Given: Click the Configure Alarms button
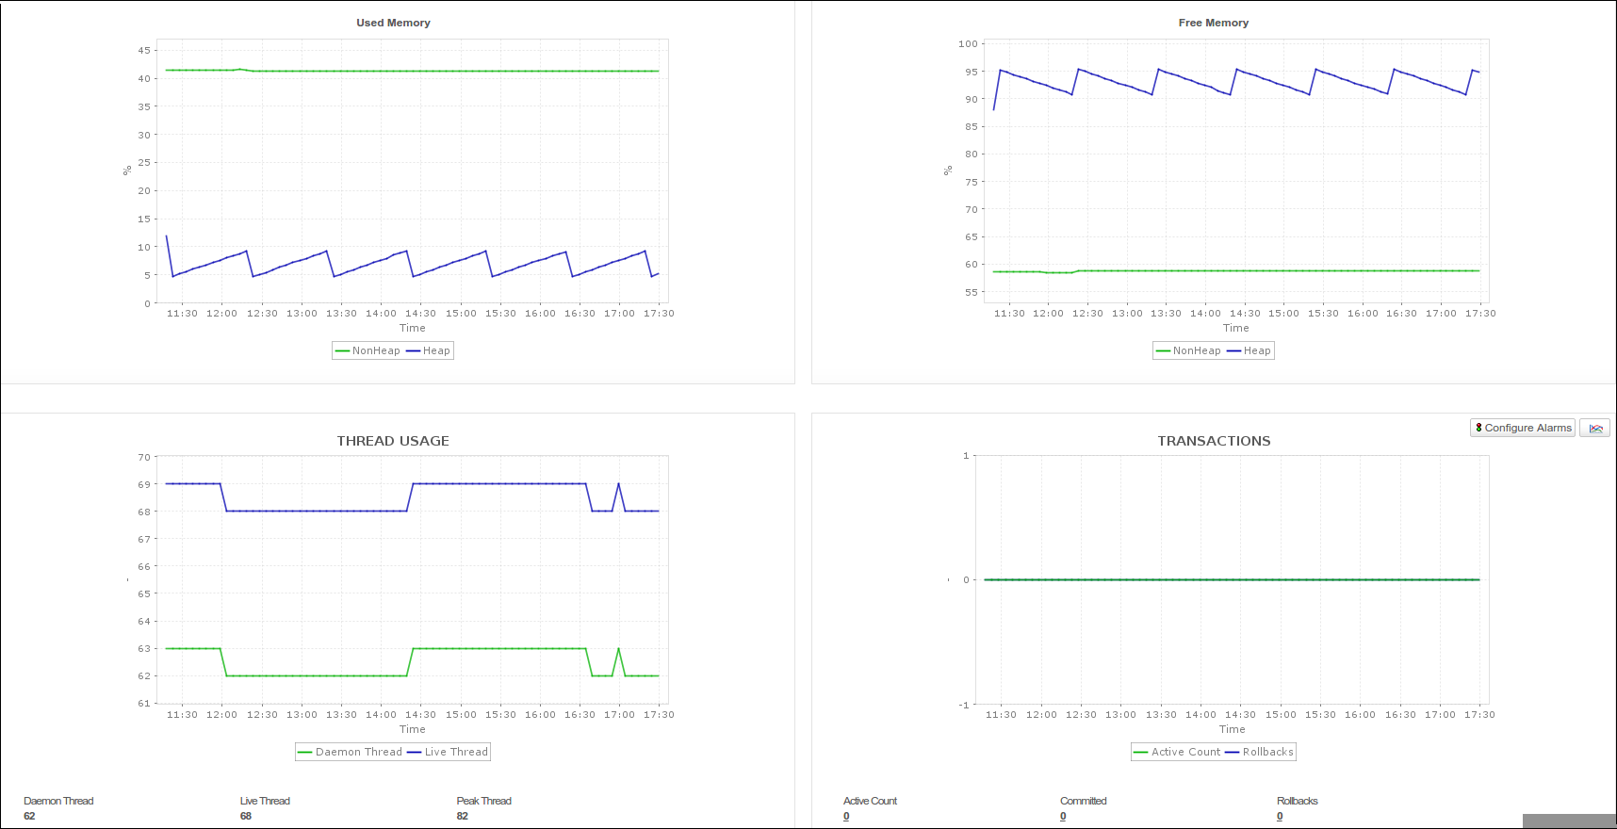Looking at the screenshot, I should pyautogui.click(x=1523, y=428).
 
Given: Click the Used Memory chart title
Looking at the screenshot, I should pyautogui.click(x=393, y=23).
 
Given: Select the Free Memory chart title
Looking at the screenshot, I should pyautogui.click(x=1213, y=23).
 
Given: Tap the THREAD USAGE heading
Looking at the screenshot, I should pyautogui.click(x=393, y=441).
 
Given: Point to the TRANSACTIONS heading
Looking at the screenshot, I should pyautogui.click(x=1214, y=441).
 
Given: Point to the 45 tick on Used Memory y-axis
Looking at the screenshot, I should pyautogui.click(x=144, y=50).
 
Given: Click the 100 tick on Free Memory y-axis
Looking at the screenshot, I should pyautogui.click(x=968, y=43).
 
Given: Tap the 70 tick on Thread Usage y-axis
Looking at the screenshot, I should pyautogui.click(x=144, y=457).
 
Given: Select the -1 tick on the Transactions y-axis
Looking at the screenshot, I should pyautogui.click(x=964, y=705).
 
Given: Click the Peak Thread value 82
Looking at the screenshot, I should pyautogui.click(x=463, y=816).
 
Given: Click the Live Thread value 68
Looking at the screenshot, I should pyautogui.click(x=246, y=816).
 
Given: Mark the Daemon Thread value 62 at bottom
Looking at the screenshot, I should pyautogui.click(x=29, y=816).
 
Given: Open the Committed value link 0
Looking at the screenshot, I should pyautogui.click(x=1063, y=816).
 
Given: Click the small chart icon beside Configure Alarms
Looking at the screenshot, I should pyautogui.click(x=1595, y=428).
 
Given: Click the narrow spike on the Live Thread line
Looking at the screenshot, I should pyautogui.click(x=618, y=485).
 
